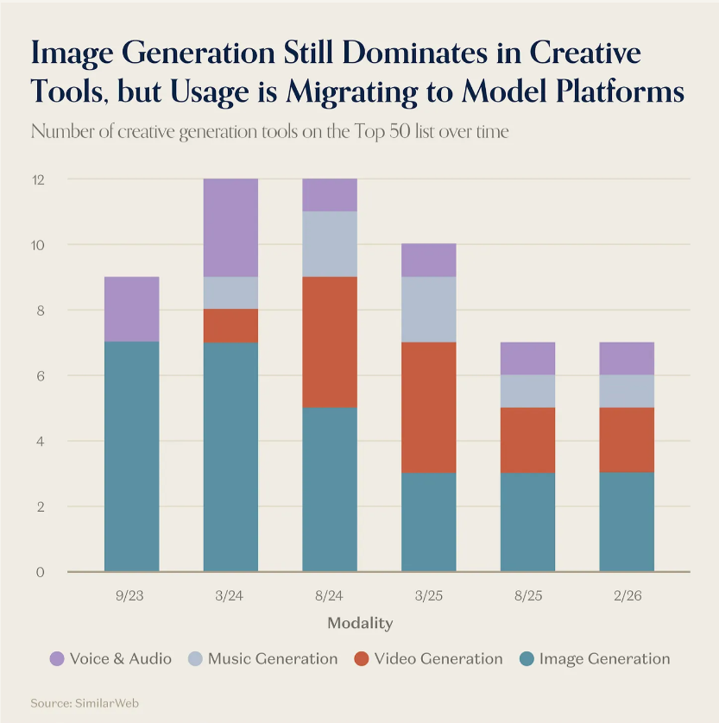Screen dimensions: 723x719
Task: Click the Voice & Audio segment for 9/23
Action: click(x=131, y=309)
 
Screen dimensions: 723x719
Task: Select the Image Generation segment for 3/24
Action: click(x=230, y=456)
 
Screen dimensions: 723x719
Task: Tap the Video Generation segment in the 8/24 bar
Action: click(x=330, y=342)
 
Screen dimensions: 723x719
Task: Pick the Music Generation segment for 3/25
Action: click(x=429, y=309)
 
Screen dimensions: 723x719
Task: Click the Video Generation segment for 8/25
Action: click(x=528, y=440)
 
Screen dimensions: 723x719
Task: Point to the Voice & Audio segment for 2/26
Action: click(x=627, y=358)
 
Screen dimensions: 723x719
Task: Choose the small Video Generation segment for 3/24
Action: click(x=230, y=326)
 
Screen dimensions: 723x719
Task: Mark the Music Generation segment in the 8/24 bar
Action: click(x=330, y=244)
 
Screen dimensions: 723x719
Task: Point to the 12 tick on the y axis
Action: click(x=39, y=179)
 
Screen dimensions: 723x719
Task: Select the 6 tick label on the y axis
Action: click(x=41, y=375)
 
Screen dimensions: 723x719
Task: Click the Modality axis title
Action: click(x=360, y=623)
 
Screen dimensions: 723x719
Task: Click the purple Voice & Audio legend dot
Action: click(x=57, y=659)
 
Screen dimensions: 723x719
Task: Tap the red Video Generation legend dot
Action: click(x=362, y=659)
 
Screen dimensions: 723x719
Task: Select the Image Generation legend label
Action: click(x=604, y=659)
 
